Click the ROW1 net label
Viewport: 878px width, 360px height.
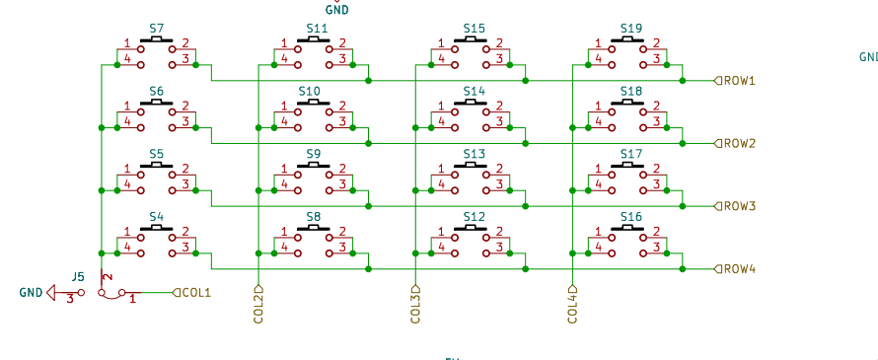coord(740,81)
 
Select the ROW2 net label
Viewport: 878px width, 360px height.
coord(740,143)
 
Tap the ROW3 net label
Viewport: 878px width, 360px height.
coord(740,206)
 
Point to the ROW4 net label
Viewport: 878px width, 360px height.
coord(740,268)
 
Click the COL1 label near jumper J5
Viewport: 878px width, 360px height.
coord(198,292)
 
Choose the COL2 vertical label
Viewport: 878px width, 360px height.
coord(259,305)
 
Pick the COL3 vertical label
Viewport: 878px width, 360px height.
coord(415,305)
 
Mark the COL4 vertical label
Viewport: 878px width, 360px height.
coord(572,305)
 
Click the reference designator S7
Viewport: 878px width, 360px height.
coord(157,29)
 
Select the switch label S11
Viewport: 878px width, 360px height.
coord(317,29)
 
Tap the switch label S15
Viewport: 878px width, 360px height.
coord(474,29)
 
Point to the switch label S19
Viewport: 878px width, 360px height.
coord(631,29)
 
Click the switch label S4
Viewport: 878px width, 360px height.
coord(157,216)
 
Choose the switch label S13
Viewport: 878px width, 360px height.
coord(474,154)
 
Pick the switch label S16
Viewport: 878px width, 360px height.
coord(631,216)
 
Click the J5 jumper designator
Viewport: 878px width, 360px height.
coord(79,277)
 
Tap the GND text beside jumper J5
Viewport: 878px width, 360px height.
coord(31,293)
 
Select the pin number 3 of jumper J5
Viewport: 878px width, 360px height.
coord(69,300)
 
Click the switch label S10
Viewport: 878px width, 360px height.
coord(310,91)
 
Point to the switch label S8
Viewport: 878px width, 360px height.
coord(313,216)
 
